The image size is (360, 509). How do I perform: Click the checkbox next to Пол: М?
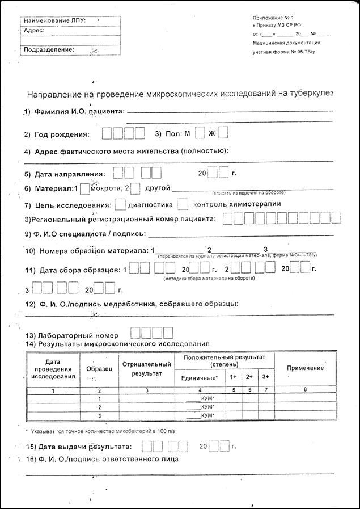[x=200, y=134]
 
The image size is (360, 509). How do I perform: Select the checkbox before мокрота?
[x=85, y=188]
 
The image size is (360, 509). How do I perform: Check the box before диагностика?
[x=120, y=204]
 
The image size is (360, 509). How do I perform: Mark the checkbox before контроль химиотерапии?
[x=183, y=204]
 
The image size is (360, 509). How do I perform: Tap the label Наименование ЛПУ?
[x=54, y=20]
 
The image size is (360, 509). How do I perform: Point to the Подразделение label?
[x=49, y=49]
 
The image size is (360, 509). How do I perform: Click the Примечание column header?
[x=305, y=368]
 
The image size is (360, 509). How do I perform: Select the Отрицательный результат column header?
[x=146, y=369]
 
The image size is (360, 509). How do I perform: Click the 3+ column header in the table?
[x=265, y=377]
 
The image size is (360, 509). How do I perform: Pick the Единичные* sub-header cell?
[x=199, y=378]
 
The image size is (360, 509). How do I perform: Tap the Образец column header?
[x=99, y=369]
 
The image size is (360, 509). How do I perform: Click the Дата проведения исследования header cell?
[x=53, y=369]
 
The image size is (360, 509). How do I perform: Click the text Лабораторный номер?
[x=73, y=335]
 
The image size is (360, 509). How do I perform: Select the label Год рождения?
[x=62, y=135]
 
